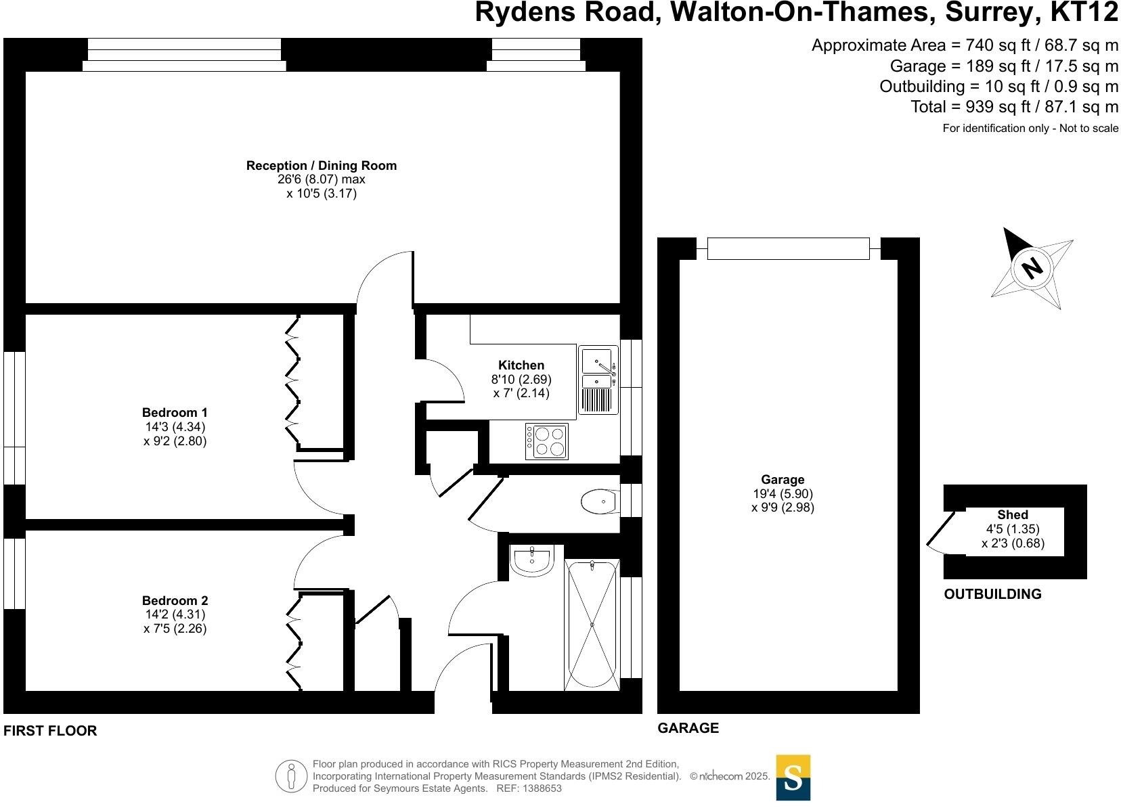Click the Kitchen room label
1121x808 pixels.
[x=521, y=365]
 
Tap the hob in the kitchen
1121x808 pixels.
[x=547, y=441]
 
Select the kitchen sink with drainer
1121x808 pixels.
[x=598, y=380]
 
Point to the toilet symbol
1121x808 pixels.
[x=598, y=502]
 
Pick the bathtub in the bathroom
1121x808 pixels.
[x=592, y=624]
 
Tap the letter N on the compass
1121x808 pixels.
[x=1032, y=269]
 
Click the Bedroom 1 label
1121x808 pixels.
[x=175, y=413]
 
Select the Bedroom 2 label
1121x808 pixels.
[x=175, y=601]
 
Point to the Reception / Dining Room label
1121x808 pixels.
[x=322, y=166]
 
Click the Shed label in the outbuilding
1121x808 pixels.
[x=1013, y=515]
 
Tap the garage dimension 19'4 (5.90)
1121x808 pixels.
[x=783, y=494]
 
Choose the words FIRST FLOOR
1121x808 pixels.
[x=51, y=731]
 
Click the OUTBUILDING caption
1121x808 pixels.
[x=992, y=594]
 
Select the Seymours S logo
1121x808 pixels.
[x=793, y=778]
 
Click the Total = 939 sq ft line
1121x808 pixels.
[x=1014, y=107]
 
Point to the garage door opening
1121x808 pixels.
[x=788, y=248]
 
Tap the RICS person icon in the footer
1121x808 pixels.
[x=292, y=776]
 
